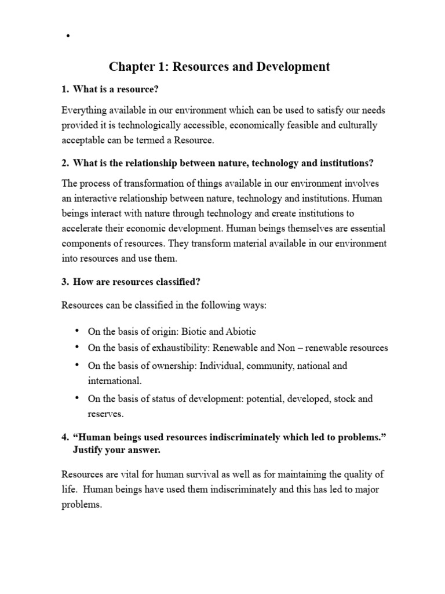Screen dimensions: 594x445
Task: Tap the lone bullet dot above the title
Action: [68, 37]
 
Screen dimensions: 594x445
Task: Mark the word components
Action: [87, 244]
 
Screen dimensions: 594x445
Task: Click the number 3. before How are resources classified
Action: [65, 282]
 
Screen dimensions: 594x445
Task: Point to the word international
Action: [114, 382]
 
